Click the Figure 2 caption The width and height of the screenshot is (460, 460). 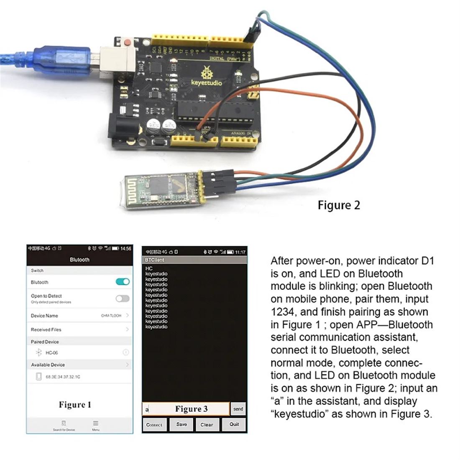(x=339, y=205)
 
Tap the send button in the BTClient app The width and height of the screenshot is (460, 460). (x=238, y=409)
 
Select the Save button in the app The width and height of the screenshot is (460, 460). (x=181, y=424)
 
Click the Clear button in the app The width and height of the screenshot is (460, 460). (x=207, y=424)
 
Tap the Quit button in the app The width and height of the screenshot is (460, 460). (x=234, y=424)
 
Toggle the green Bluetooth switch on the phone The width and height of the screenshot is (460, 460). (x=123, y=282)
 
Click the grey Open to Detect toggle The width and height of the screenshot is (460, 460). (x=123, y=298)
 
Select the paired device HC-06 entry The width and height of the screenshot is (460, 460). (x=52, y=353)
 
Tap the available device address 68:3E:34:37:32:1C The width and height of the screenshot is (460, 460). (x=63, y=377)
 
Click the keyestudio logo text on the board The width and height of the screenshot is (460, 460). (x=207, y=83)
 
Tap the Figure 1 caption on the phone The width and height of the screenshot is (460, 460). (x=75, y=404)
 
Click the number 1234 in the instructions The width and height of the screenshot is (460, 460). (x=284, y=312)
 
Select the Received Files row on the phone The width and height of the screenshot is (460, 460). (x=46, y=330)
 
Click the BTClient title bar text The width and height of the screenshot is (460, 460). (x=155, y=260)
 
